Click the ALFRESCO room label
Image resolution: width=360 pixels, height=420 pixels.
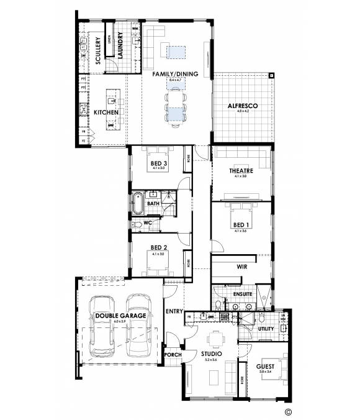243,106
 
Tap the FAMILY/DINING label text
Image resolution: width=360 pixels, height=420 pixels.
176,74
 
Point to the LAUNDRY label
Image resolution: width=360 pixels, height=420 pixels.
120,44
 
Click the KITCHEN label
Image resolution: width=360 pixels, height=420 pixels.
106,112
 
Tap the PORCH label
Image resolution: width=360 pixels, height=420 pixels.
172,355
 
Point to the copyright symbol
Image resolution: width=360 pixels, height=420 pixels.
287,411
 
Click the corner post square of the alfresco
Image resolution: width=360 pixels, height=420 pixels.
272,76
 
